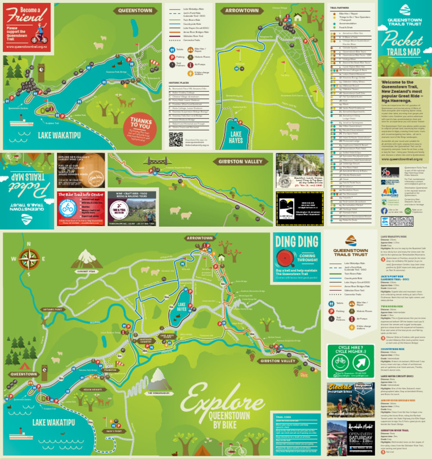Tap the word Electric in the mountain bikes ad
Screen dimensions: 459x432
pyautogui.click(x=340, y=388)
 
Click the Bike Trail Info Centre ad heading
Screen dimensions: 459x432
pyautogui.click(x=81, y=195)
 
